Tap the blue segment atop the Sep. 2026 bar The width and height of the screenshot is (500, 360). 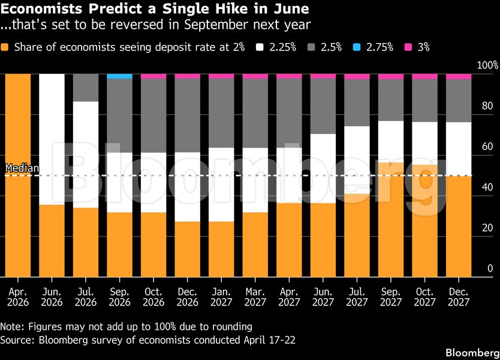[x=119, y=76]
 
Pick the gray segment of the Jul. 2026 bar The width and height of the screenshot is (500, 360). [x=85, y=88]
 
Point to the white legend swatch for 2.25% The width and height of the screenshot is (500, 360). [x=261, y=47]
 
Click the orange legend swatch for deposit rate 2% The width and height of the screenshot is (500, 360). [x=5, y=47]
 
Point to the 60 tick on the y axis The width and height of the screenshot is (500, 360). [x=487, y=146]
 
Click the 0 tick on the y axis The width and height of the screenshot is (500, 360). [x=490, y=268]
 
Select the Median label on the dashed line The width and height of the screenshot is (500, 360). [x=22, y=169]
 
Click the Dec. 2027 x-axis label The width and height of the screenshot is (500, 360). [x=459, y=296]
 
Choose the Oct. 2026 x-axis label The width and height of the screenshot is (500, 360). [x=153, y=296]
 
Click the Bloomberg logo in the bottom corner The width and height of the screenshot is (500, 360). [x=470, y=350]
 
